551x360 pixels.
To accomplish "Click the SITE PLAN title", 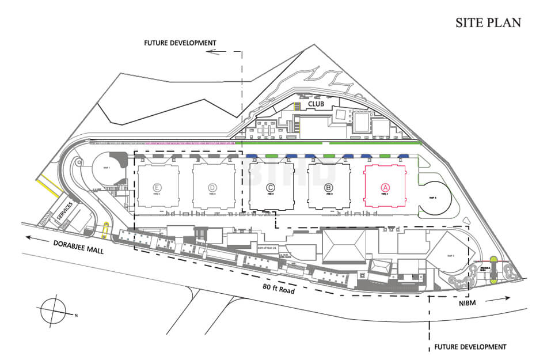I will coord(488,23).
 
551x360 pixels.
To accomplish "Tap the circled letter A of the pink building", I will coord(385,187).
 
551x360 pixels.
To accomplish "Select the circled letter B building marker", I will coord(328,187).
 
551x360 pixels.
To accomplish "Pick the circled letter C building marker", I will coord(271,187).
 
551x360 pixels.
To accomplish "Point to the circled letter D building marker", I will coord(213,187).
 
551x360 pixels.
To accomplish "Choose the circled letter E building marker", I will coord(157,187).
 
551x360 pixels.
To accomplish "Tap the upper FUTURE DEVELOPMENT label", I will coord(180,43).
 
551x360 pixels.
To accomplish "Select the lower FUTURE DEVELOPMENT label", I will coord(470,347).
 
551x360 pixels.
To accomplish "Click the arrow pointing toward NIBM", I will coord(497,298).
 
